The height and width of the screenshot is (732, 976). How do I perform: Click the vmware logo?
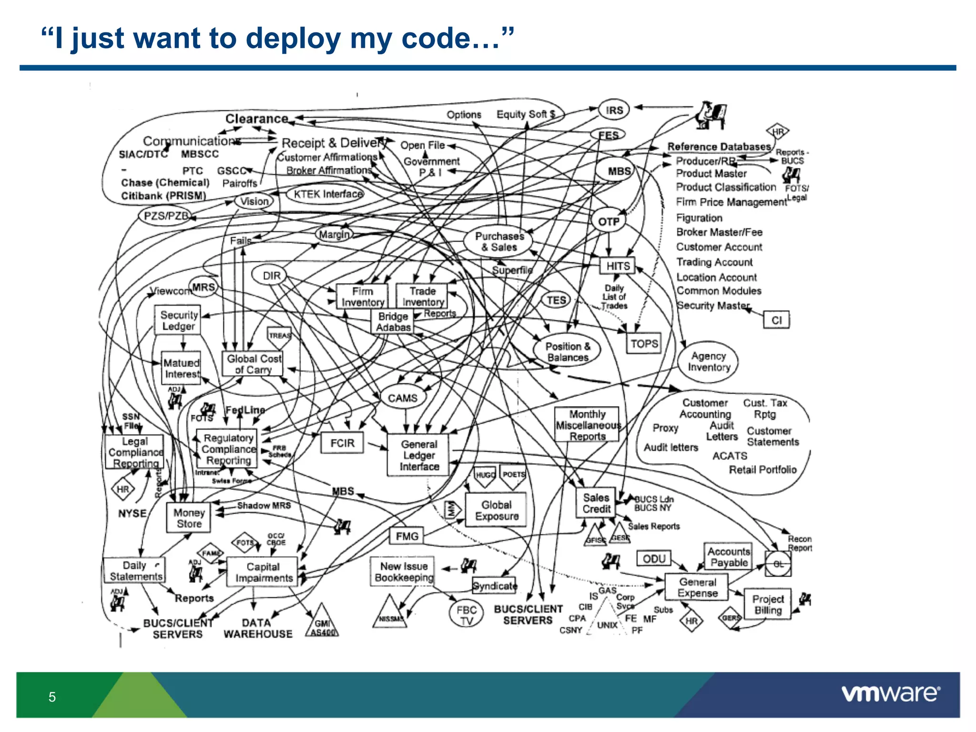[x=890, y=693]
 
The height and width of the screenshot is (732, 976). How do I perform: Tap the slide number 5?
[x=52, y=697]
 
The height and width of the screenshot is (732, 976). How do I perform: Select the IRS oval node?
[x=614, y=110]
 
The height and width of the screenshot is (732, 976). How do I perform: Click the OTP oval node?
[x=609, y=222]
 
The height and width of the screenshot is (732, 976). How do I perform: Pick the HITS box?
[x=618, y=266]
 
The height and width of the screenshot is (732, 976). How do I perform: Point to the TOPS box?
[x=644, y=344]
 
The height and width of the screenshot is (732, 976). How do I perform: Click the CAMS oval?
[x=403, y=398]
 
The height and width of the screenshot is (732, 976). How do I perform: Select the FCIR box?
[x=342, y=443]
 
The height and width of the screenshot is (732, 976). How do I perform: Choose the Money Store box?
[x=189, y=518]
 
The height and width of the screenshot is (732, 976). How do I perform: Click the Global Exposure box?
[x=496, y=510]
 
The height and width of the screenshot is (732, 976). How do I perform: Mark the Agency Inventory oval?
[x=708, y=362]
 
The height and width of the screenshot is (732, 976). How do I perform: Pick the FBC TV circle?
[x=466, y=615]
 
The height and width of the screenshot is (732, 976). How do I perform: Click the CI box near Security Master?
[x=776, y=320]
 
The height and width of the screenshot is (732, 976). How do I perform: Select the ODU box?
[x=654, y=559]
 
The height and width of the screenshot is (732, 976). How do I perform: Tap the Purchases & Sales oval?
[x=499, y=242]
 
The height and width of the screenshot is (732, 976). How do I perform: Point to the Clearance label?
[x=256, y=119]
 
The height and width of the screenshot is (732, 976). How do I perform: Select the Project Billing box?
[x=767, y=604]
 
